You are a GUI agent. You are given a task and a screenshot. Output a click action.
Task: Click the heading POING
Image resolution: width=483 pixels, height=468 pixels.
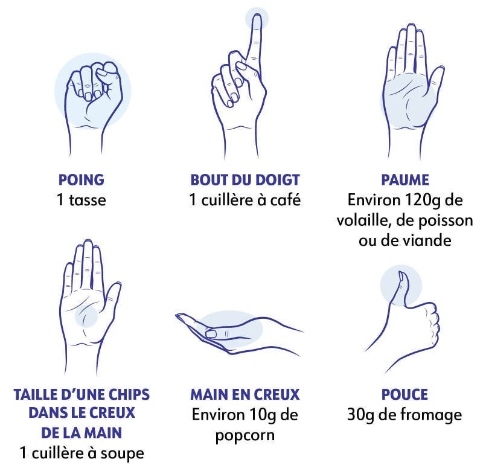[82, 180]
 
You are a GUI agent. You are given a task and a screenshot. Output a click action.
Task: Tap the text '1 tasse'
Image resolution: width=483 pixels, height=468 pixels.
[82, 200]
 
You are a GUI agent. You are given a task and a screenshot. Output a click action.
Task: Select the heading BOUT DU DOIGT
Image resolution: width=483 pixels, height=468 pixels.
[245, 180]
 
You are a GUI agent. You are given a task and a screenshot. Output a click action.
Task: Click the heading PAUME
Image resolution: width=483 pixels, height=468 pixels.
[405, 180]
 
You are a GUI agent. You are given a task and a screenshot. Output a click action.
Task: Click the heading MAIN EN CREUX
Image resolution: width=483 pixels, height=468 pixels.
[245, 395]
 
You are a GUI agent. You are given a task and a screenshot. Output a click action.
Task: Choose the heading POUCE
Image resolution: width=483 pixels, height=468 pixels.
[405, 395]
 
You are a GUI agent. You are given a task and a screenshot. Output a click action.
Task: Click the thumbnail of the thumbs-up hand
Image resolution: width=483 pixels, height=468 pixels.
[401, 276]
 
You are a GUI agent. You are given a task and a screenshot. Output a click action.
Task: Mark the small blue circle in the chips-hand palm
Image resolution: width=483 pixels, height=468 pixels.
[86, 316]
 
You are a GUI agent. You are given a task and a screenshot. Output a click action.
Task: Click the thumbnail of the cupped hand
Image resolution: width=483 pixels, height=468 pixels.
[211, 333]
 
